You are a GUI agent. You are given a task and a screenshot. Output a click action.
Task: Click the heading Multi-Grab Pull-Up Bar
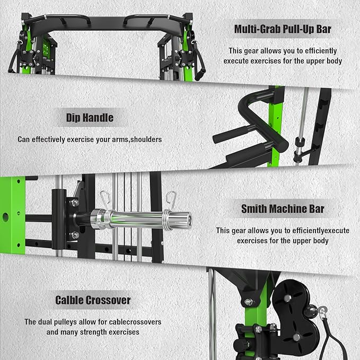pyautogui.click(x=283, y=29)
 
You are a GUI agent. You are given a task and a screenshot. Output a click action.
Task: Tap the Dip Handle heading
pyautogui.click(x=90, y=118)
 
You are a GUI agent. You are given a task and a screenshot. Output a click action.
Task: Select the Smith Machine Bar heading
pyautogui.click(x=283, y=209)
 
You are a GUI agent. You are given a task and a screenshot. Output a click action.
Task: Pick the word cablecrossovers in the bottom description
pyautogui.click(x=135, y=322)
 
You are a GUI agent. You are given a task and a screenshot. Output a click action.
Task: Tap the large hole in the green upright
pyautogui.click(x=5, y=217)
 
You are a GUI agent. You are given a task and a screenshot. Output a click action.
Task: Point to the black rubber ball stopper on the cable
pyautogui.click(x=311, y=312)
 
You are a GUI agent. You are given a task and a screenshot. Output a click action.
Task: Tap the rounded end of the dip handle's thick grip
pyautogui.click(x=283, y=146)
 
